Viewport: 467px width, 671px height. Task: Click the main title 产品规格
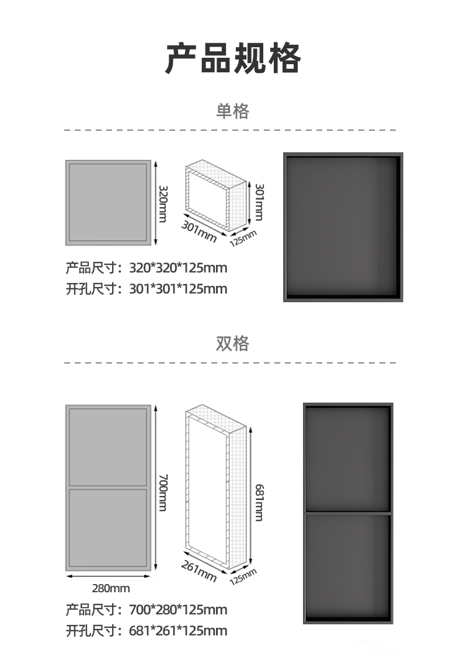pos(233,58)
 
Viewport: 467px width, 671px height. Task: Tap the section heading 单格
pos(233,111)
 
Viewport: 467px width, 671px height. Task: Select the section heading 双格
pos(233,344)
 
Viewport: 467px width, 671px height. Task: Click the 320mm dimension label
pos(163,203)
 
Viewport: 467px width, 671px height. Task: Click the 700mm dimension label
pos(163,493)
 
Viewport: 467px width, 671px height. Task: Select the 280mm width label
pos(111,588)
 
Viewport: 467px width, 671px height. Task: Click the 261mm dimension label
pos(199,570)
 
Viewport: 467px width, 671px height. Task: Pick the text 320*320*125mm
pos(178,268)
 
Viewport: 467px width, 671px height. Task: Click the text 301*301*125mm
pos(178,289)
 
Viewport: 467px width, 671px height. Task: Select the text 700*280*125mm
pos(178,610)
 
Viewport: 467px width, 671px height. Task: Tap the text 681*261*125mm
pos(178,631)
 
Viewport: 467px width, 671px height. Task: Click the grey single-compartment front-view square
pos(108,202)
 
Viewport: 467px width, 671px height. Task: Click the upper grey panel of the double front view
pos(108,446)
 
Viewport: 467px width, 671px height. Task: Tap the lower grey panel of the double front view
pos(108,528)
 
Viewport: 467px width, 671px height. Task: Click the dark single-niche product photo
pos(343,227)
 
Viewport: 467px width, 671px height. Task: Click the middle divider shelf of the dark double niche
pos(348,512)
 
